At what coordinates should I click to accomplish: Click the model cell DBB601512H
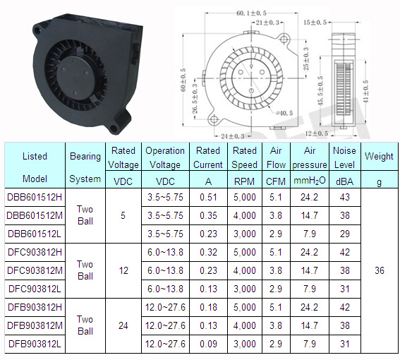pos(35,197)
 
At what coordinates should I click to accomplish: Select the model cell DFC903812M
pos(35,270)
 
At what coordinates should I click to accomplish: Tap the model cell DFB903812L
pos(35,344)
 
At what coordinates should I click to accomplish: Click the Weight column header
pos(379,156)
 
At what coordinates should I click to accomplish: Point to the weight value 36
pos(380,270)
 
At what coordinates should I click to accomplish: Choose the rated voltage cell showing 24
pos(123,325)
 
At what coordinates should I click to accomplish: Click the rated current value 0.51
pos(208,197)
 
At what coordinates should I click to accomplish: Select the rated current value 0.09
pos(208,344)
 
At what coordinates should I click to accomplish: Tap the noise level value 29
pos(345,234)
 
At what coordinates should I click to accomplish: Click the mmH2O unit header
pos(310,181)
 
